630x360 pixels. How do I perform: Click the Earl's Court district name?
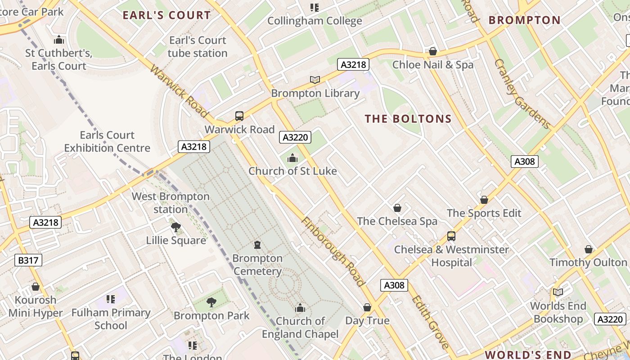166,15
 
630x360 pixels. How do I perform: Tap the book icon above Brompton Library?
315,80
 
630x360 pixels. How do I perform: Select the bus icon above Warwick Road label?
239,116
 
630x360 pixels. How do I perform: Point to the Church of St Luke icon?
292,158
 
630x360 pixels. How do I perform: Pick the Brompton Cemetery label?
257,265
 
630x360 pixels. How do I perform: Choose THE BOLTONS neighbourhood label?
408,119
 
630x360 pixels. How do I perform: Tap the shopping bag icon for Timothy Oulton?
589,249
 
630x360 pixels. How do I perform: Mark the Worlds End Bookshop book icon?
558,292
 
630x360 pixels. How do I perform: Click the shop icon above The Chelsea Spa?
397,208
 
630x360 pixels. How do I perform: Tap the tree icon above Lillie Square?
176,227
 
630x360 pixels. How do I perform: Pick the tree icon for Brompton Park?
211,302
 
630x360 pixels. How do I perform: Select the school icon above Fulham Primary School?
111,299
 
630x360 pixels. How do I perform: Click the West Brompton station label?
171,203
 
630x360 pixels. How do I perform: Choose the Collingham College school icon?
315,8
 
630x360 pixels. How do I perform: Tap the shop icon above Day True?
367,307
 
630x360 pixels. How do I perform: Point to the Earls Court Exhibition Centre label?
107,141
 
